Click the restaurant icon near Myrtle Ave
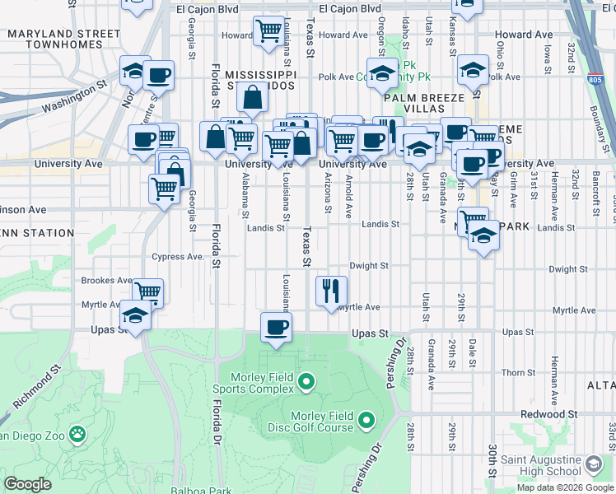[x=332, y=291]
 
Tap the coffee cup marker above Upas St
[x=276, y=327]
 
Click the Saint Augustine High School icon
[x=593, y=465]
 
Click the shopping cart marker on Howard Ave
[x=268, y=31]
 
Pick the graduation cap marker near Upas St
[x=135, y=315]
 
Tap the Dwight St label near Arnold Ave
[x=368, y=266]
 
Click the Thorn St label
[x=518, y=373]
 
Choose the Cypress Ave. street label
[x=178, y=257]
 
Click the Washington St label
[x=74, y=96]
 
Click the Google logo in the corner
[x=28, y=484]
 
